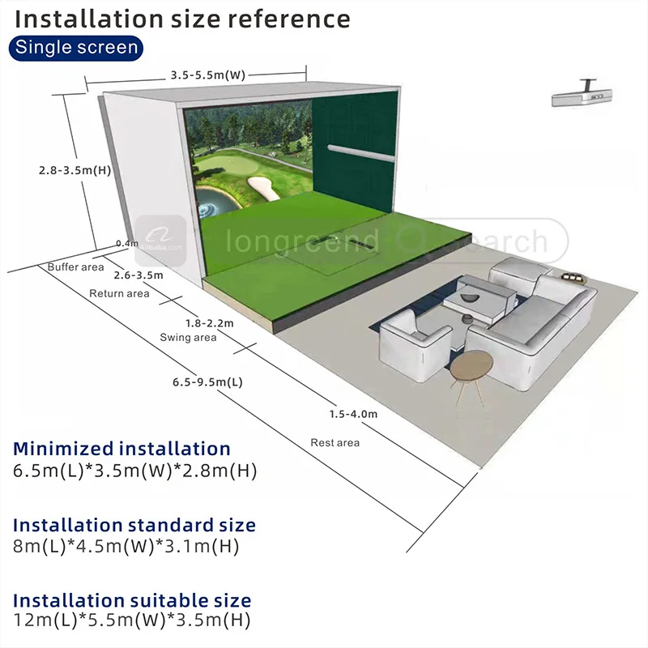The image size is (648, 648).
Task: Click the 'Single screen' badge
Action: point(77,47)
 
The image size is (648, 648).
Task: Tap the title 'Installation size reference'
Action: point(182,18)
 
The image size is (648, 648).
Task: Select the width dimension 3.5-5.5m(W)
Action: point(207,75)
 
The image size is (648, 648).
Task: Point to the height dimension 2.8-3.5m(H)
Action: point(75,171)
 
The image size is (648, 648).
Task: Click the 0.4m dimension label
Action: point(127,243)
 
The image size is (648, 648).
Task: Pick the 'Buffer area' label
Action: point(75,266)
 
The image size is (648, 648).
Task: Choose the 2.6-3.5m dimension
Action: point(139,275)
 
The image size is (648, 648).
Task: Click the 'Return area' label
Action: point(119,293)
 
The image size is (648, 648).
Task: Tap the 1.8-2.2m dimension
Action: point(209,323)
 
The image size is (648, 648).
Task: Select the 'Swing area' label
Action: point(188,338)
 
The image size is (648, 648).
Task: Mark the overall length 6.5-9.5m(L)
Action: point(207,381)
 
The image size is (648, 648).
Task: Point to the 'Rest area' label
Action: point(335,443)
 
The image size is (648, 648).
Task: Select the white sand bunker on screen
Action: point(262,188)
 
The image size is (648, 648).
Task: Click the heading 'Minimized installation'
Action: point(122,449)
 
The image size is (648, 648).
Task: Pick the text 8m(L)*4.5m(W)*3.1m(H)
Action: point(126,547)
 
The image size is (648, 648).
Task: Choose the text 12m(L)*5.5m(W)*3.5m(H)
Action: point(131,621)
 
